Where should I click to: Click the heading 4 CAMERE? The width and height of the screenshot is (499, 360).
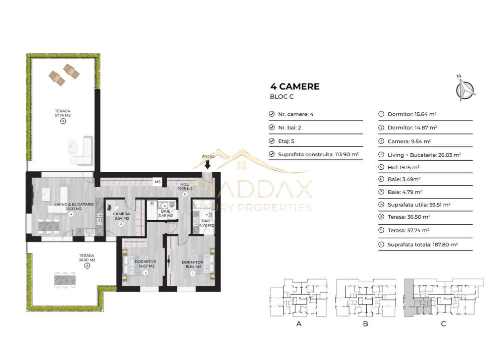[x=294, y=87]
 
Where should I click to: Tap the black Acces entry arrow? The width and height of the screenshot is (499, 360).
[x=208, y=165]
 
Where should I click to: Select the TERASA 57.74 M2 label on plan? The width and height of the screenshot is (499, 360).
[x=63, y=113]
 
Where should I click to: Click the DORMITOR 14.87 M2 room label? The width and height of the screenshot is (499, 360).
[x=145, y=264]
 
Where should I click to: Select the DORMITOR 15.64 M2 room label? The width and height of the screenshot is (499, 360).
[x=192, y=265]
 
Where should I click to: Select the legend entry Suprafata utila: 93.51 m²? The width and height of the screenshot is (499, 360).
[x=416, y=205]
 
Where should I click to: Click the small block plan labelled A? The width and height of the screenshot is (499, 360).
[x=298, y=298]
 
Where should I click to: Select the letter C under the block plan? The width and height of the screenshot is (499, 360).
[x=443, y=324]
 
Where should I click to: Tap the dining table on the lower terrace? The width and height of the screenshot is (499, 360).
[x=65, y=278]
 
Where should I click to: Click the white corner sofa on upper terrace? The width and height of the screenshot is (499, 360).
[x=83, y=151]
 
